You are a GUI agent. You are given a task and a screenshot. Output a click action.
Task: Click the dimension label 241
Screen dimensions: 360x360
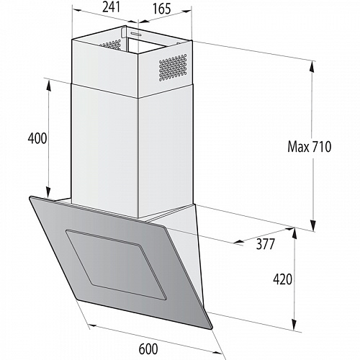(x=109, y=8)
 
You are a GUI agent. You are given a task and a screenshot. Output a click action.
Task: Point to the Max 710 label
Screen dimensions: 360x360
(x=309, y=148)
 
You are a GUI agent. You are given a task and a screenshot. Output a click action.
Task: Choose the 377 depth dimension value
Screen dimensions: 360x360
(x=266, y=244)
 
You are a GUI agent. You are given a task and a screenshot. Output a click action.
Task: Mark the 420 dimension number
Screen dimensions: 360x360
(x=283, y=279)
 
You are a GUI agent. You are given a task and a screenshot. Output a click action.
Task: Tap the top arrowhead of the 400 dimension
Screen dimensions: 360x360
(x=50, y=82)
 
